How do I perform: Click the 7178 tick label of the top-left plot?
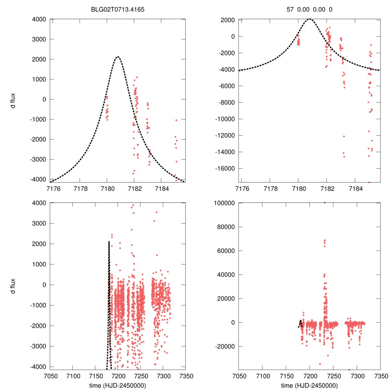(80, 188)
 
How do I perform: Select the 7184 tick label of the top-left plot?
(161, 188)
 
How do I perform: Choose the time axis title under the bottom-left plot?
(118, 385)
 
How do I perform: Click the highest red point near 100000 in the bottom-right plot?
(324, 203)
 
